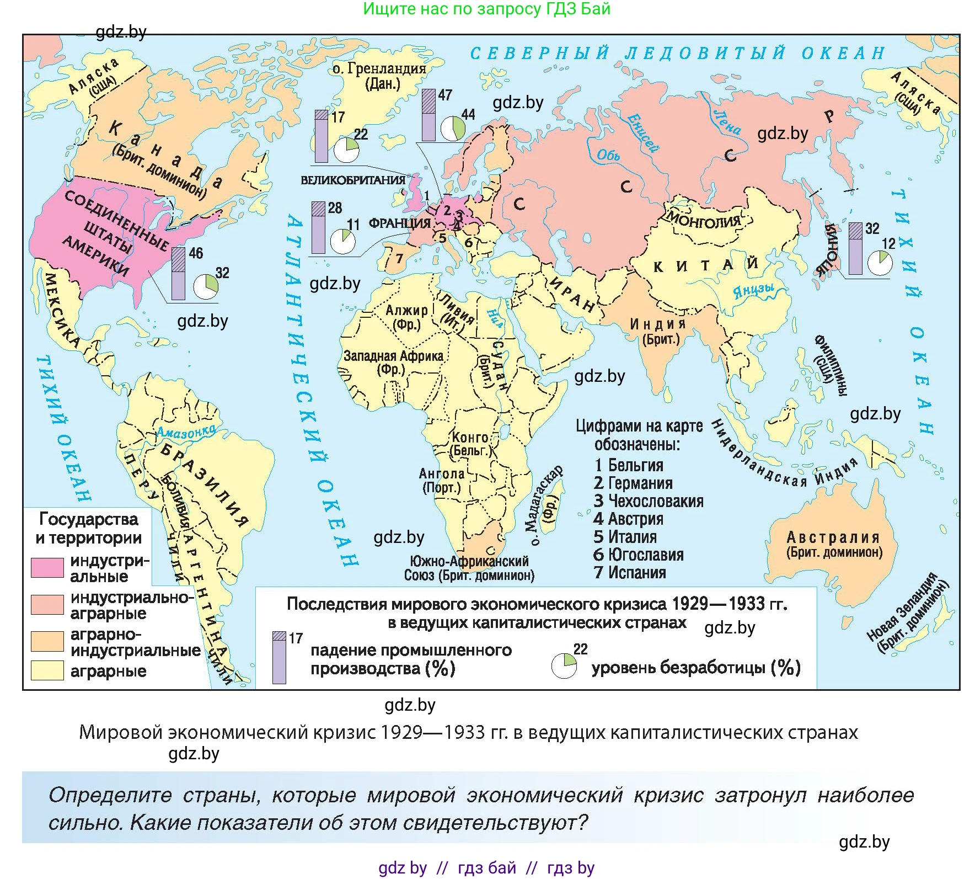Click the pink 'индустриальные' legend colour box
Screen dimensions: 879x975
[x=47, y=568]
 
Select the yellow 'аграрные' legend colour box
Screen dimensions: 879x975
[x=47, y=670]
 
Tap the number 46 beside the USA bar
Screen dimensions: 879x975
[x=196, y=253]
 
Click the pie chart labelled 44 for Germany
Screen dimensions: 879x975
[x=453, y=127]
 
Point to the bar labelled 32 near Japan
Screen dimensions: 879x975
[x=855, y=248]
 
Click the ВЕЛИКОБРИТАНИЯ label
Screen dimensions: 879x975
[x=352, y=180]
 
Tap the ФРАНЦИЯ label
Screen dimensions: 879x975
[x=400, y=223]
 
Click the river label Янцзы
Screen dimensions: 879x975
[x=753, y=291]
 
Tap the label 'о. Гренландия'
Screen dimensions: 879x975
[x=379, y=68]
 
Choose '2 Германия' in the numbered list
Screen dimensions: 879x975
[x=633, y=483]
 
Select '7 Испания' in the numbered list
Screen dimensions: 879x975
[x=629, y=573]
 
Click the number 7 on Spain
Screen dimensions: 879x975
[x=399, y=258]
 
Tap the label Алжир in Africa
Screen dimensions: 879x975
[x=406, y=311]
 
